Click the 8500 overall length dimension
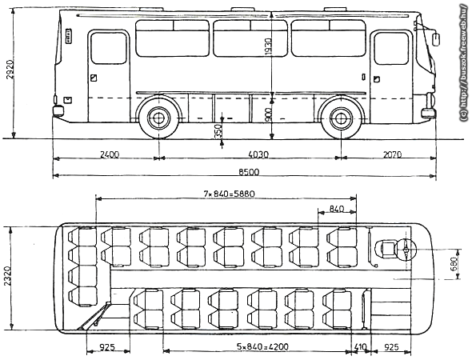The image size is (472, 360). (x=249, y=172)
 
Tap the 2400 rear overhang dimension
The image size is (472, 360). (x=110, y=154)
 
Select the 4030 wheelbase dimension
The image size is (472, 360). (x=258, y=154)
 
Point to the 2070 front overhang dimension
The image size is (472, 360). (x=392, y=154)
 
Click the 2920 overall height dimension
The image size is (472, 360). (x=10, y=70)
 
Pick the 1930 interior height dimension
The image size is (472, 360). (x=268, y=46)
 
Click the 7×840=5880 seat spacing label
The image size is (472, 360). (x=229, y=194)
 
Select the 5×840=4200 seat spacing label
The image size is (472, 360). (x=262, y=346)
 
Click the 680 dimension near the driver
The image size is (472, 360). (x=454, y=264)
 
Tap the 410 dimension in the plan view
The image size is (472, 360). (x=361, y=347)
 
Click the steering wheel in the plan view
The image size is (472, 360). (x=406, y=250)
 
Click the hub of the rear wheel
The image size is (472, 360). (x=158, y=118)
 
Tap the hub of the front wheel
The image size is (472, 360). (x=341, y=118)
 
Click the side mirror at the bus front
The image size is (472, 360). (x=436, y=39)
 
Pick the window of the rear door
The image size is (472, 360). (x=109, y=48)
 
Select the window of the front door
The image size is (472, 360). (x=391, y=48)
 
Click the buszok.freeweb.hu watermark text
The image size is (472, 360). (x=465, y=62)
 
